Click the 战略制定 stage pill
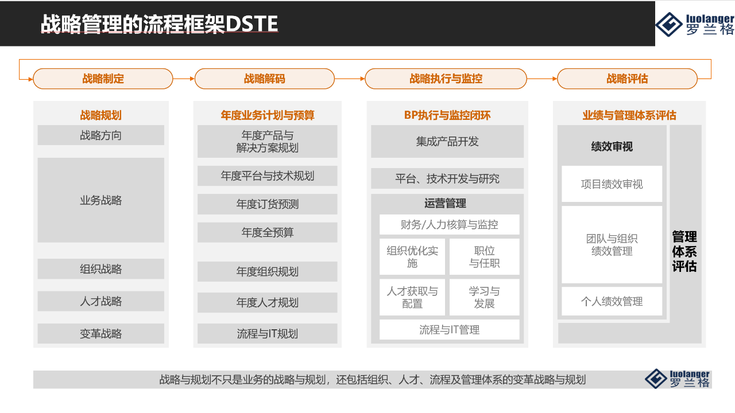point(103,79)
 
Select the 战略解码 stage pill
point(264,79)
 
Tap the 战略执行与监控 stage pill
point(446,79)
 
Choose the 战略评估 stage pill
point(627,79)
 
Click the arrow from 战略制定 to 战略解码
point(184,79)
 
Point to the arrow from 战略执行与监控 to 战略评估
point(541,79)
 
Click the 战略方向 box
point(100,135)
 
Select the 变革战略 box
point(100,333)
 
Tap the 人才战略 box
point(100,301)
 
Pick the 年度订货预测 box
point(267,204)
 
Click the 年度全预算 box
point(267,232)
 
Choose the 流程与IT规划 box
point(267,333)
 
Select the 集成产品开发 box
point(447,141)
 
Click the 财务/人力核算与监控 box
point(449,224)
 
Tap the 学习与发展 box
point(484,297)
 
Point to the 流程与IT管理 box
point(449,330)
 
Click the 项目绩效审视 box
point(612,184)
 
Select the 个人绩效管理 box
point(612,301)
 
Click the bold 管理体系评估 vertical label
point(684,251)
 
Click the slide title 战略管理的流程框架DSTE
point(159,24)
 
